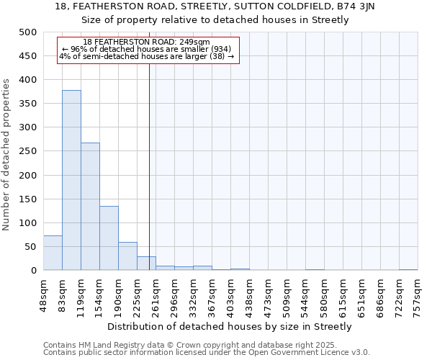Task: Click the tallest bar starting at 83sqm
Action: tap(71, 180)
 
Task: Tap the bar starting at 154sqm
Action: tap(109, 238)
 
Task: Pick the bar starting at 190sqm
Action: tap(127, 256)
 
